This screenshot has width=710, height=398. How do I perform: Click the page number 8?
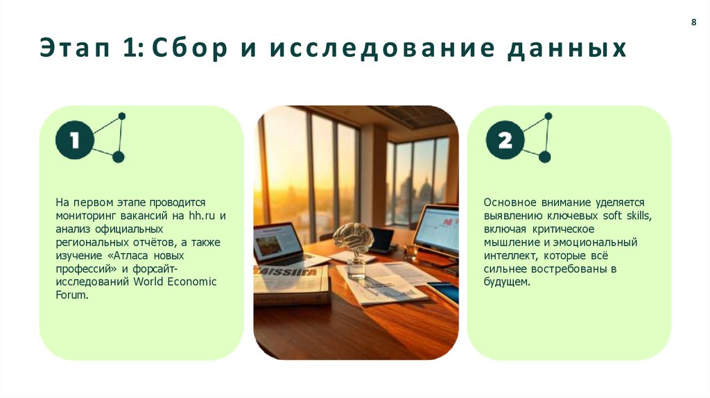tap(693, 23)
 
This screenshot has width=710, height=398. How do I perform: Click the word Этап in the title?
tap(70, 50)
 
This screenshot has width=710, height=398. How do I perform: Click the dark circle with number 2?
tap(505, 141)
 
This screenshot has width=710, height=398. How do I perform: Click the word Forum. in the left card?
tap(72, 295)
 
